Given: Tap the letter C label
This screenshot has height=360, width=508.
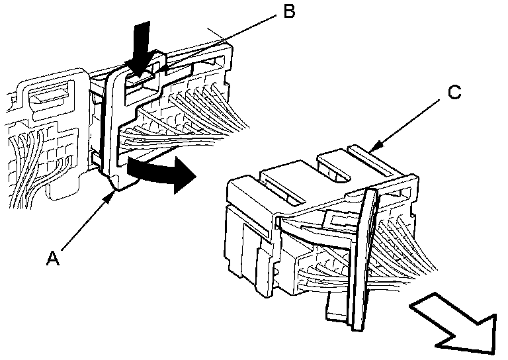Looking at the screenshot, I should [x=454, y=93].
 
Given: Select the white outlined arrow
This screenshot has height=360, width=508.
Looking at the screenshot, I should [x=456, y=321].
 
